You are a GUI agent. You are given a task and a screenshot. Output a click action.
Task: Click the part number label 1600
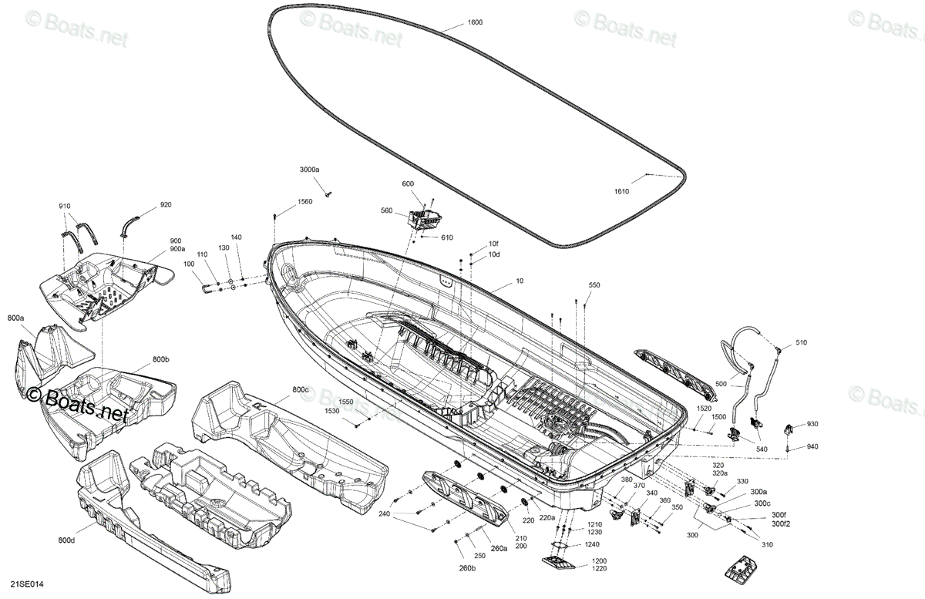475,22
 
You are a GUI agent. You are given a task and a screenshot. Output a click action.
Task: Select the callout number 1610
621,191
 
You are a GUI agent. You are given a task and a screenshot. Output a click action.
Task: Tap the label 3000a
309,170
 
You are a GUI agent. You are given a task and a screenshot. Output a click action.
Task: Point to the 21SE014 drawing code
27,584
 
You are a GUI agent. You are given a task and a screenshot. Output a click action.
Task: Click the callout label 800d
66,540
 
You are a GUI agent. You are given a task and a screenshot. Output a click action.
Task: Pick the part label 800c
301,389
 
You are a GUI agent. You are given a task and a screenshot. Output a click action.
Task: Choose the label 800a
15,318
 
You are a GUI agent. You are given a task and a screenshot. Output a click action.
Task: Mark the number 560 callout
386,210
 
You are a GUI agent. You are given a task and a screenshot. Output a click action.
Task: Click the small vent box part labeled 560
425,219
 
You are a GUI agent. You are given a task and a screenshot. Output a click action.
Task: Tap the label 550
594,285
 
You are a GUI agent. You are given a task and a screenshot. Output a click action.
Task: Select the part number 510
801,342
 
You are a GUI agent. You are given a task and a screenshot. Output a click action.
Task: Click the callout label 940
812,446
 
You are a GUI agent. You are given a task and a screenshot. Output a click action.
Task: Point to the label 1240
592,544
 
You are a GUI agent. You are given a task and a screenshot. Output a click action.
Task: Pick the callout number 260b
467,568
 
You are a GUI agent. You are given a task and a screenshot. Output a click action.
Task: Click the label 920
166,205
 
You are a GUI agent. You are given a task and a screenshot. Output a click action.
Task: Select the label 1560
304,202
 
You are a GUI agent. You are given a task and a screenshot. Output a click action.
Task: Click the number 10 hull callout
520,281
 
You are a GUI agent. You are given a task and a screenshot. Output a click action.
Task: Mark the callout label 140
236,237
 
